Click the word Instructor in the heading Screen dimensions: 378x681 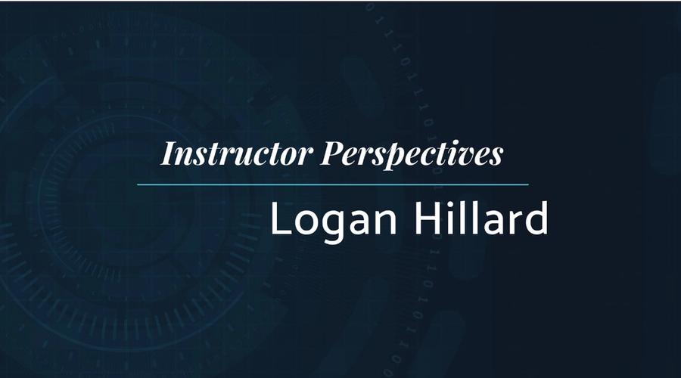pos(237,154)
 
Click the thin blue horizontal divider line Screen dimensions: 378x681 pos(333,184)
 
